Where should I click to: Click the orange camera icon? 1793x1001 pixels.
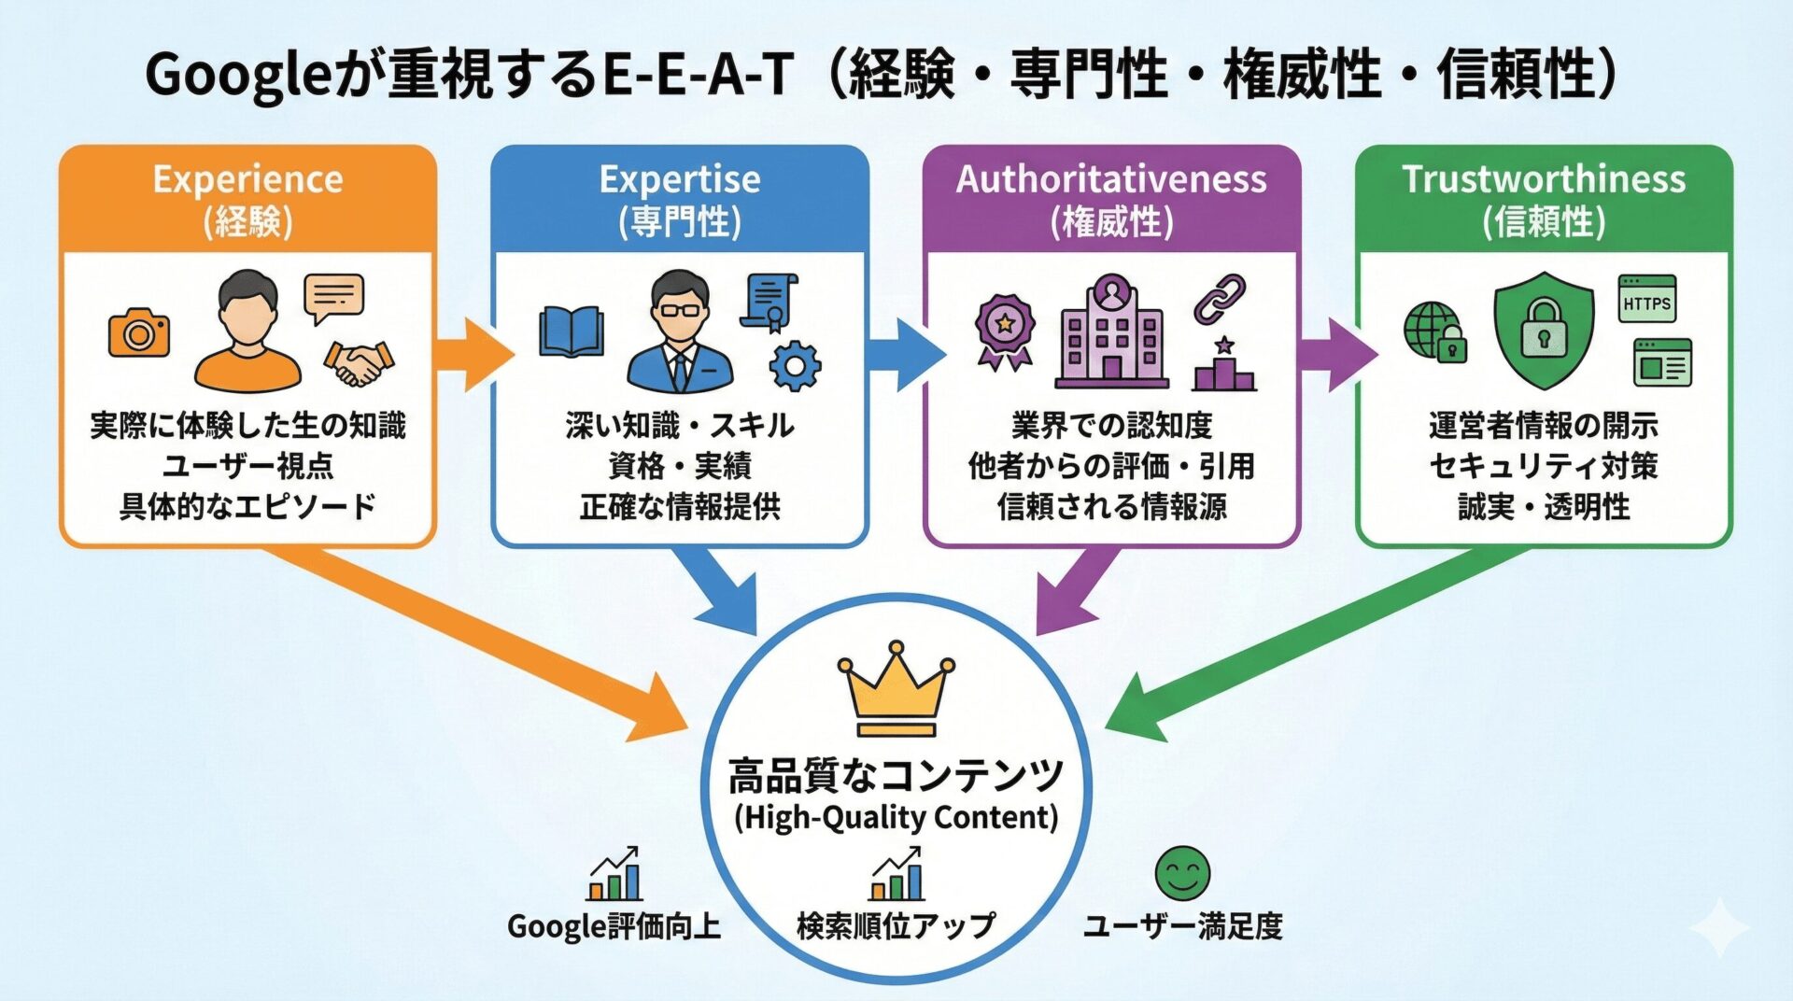[139, 333]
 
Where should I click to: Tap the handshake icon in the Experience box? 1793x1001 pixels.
[359, 363]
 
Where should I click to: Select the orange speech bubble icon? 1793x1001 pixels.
[333, 298]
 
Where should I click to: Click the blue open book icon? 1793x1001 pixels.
[572, 332]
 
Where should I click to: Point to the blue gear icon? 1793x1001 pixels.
[795, 365]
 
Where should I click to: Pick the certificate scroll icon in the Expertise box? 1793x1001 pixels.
[769, 302]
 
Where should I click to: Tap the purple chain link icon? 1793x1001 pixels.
[1220, 299]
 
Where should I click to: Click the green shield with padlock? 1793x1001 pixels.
[1544, 330]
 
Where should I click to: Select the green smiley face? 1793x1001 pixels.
[1182, 874]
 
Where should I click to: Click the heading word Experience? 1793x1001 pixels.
[247, 179]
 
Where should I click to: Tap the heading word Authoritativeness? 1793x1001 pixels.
[1111, 179]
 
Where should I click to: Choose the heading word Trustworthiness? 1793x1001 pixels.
[1544, 179]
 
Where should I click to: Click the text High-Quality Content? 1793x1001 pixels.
[896, 817]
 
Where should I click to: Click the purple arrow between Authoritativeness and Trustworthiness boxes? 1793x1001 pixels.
[1337, 354]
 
